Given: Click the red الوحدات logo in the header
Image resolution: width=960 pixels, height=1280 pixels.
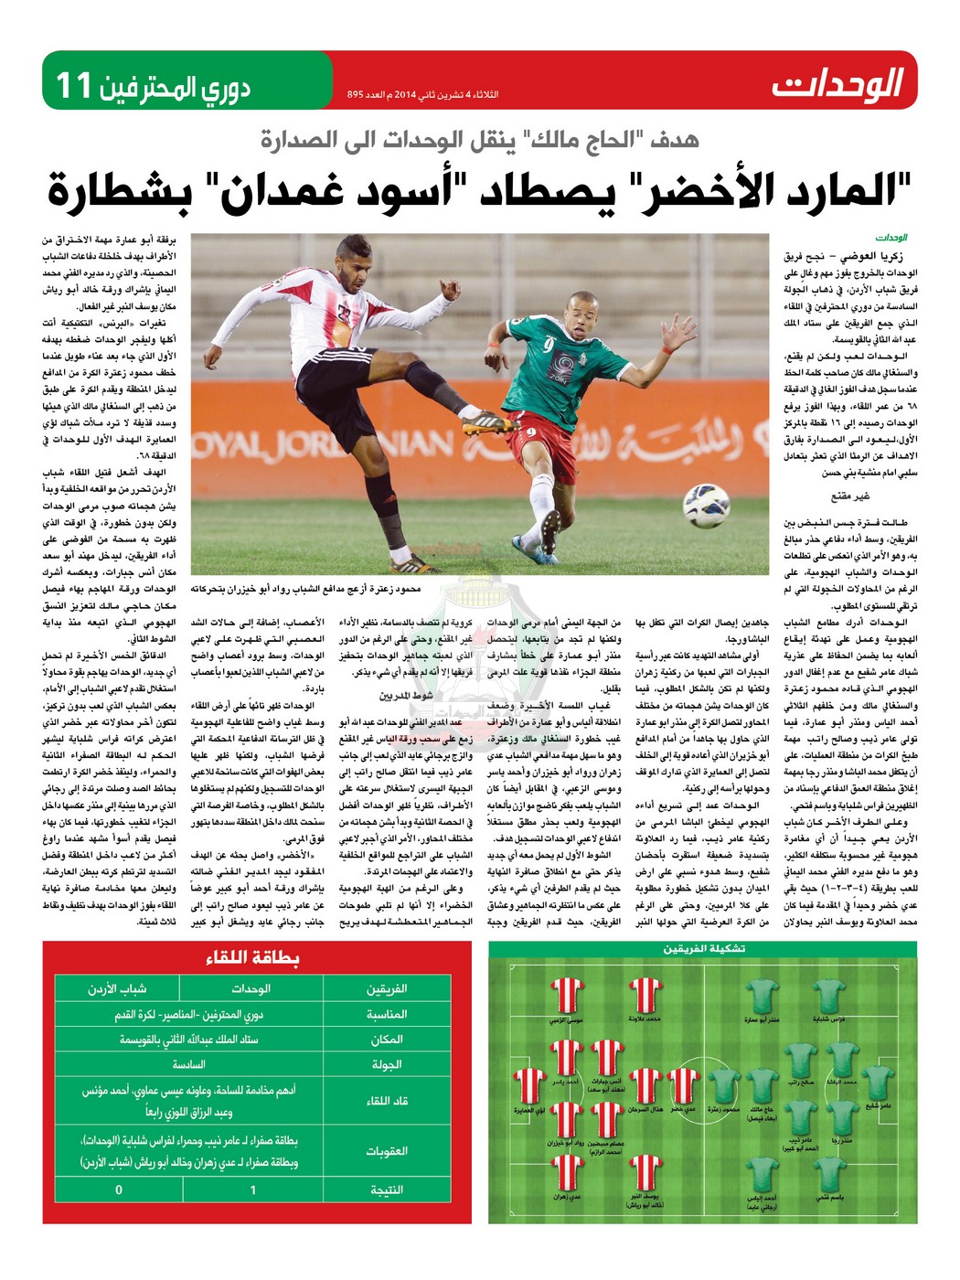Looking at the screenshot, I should (837, 83).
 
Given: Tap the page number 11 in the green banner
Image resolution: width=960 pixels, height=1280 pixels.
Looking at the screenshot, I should (74, 86).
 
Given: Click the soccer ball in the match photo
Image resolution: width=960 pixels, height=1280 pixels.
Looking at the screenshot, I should (707, 504).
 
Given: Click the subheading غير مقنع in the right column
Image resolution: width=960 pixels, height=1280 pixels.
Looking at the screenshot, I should (849, 496).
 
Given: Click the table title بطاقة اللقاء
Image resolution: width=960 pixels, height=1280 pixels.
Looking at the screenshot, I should (253, 958).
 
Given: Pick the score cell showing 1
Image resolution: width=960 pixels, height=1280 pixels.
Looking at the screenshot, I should (253, 1190).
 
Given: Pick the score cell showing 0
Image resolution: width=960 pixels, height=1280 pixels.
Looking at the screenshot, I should (119, 1190).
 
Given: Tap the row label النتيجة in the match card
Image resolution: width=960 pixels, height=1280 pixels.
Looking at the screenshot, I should (387, 1190).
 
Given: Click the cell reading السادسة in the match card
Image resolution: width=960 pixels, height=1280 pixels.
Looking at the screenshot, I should (189, 1064).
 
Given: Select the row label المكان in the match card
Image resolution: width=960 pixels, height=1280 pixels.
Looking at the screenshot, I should (387, 1040).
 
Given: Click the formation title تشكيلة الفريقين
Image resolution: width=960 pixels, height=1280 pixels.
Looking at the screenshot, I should (704, 949).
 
